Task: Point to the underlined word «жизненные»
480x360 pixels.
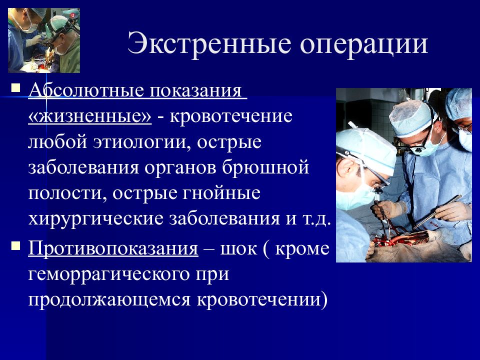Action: (90, 116)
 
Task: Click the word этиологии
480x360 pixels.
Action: (140, 142)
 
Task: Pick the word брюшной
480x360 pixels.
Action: (265, 167)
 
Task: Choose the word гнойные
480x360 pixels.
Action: (222, 193)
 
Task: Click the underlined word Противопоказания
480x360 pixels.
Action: (113, 247)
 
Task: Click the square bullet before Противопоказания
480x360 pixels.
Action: (15, 245)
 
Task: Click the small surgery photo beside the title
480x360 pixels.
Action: (44, 40)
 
